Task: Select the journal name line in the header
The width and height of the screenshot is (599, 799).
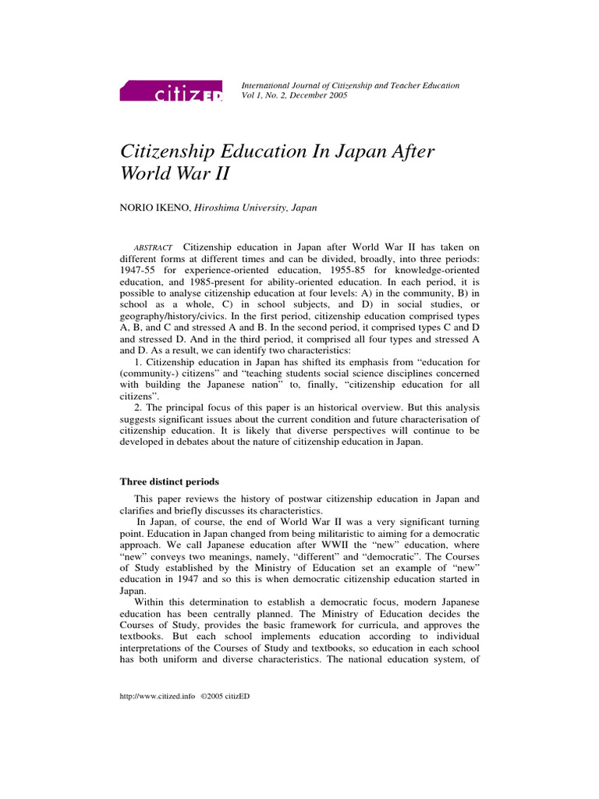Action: [350, 84]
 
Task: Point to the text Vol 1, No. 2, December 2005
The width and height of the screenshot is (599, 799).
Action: [295, 95]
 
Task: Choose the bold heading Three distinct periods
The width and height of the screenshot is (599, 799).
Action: [168, 481]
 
